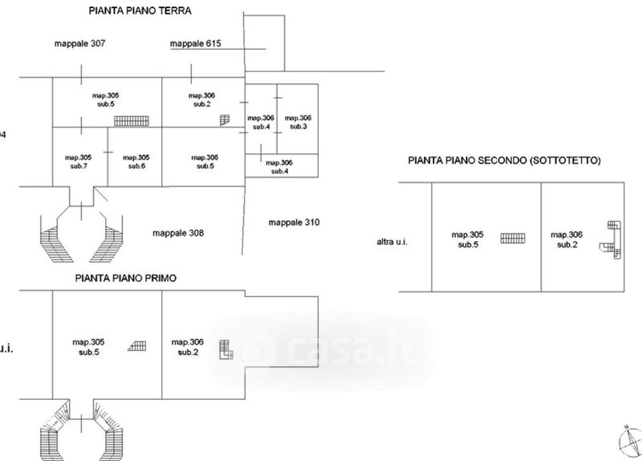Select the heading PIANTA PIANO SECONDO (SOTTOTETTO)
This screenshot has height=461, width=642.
pos(505,161)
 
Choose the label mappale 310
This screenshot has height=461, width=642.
pos(294,222)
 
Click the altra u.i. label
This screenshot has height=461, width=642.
pos(392,241)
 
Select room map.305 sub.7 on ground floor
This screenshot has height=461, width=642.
pos(78,161)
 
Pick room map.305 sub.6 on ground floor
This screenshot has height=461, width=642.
pos(136,161)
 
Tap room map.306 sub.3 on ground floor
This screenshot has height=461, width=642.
pos(298,122)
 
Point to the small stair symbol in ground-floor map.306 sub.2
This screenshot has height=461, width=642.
pos(224,120)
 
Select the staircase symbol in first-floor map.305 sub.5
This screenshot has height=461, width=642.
pos(137,346)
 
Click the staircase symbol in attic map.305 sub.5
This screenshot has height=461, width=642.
pos(513,237)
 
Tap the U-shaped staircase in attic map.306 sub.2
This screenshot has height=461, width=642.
pos(612,239)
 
